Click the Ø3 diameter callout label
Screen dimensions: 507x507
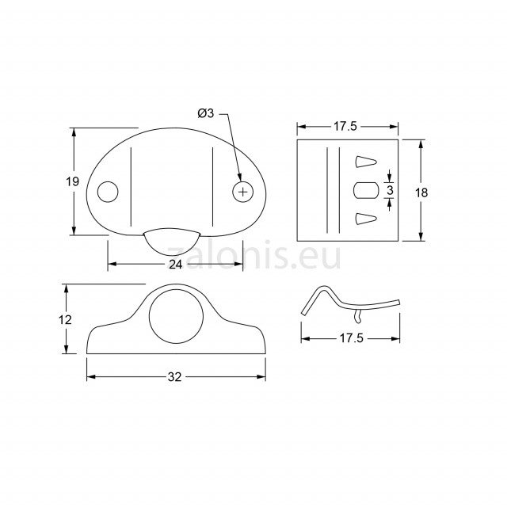[x=206, y=113]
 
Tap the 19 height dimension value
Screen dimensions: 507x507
[x=72, y=181]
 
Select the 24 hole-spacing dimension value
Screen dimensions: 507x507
[x=176, y=265]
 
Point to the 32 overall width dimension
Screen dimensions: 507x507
[x=174, y=377]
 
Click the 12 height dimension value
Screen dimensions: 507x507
[x=65, y=320]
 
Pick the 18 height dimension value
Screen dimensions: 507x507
[x=421, y=193]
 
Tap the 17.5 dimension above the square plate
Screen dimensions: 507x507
[x=345, y=127]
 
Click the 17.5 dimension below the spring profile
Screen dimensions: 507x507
[x=351, y=338]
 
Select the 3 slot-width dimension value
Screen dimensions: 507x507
[x=390, y=190]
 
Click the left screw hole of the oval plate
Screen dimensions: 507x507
[x=108, y=192]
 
